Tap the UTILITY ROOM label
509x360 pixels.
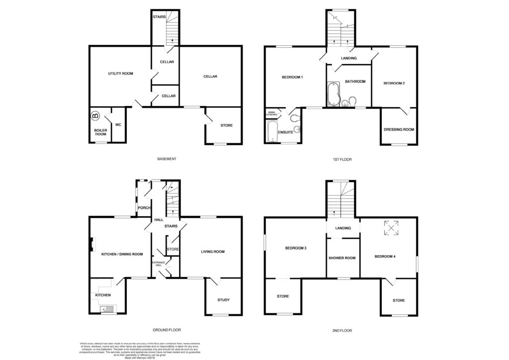pos(121,74)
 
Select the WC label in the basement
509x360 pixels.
pos(118,124)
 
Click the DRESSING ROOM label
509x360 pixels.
pos(399,130)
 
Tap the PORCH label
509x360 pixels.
pos(144,208)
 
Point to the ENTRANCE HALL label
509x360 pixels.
pos(158,264)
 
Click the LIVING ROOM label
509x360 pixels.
pos(213,252)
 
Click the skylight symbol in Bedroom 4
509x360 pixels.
pos(393,229)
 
